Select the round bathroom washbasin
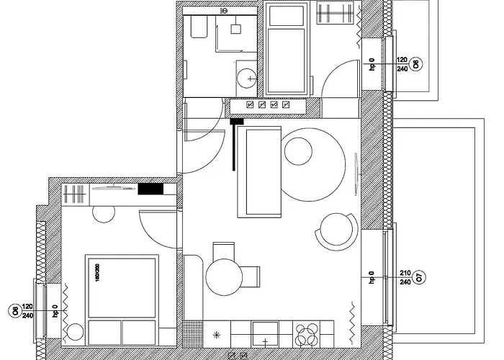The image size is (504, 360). click(248, 76)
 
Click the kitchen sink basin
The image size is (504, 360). click(266, 336)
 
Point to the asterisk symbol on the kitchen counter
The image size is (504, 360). click(217, 335)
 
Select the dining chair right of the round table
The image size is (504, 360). click(249, 276)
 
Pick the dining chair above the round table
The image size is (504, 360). click(224, 250)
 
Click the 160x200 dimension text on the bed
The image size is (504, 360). click(94, 271)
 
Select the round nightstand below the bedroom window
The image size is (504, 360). click(75, 333)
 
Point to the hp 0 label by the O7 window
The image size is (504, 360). click(372, 277)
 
